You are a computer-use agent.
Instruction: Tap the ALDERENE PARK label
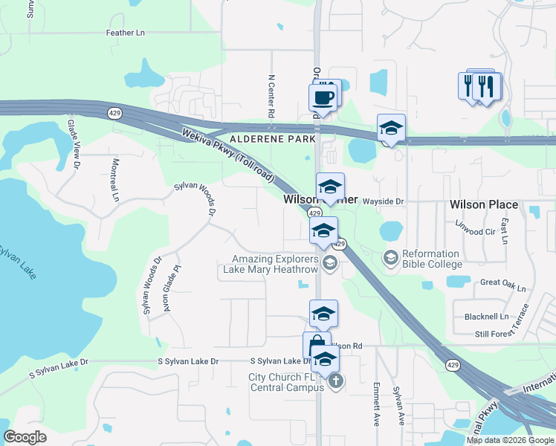pos(273,139)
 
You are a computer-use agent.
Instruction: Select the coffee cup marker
pos(323,97)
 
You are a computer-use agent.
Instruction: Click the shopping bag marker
pos(317,346)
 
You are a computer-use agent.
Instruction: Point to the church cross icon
pos(336,382)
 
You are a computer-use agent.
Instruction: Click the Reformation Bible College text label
pos(432,259)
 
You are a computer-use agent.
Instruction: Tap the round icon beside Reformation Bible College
pos(390,258)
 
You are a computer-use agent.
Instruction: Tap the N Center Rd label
pos(272,96)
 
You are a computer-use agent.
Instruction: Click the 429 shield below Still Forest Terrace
pos(451,365)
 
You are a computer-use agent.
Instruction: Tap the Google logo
pos(25,437)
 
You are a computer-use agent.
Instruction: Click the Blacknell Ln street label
pos(486,316)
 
